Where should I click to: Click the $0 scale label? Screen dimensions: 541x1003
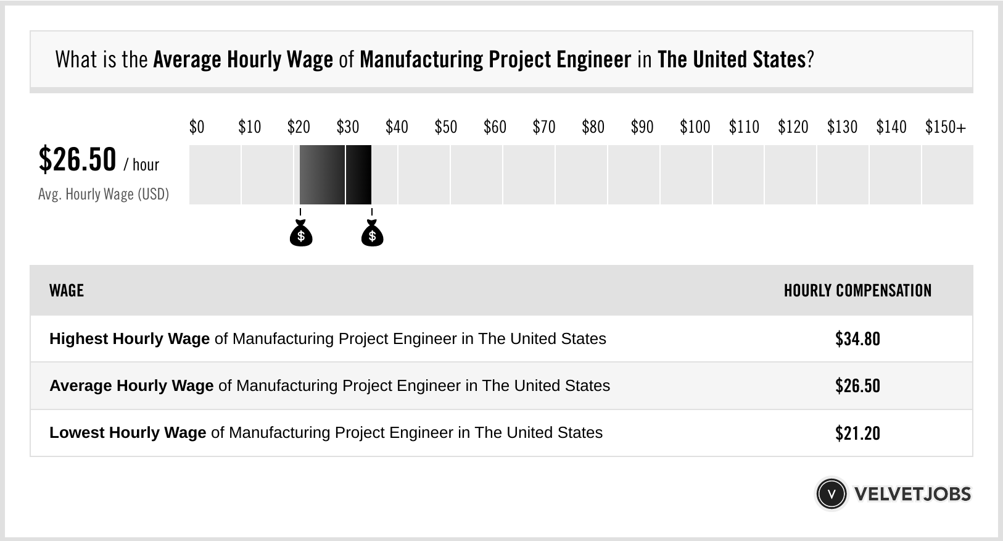point(196,127)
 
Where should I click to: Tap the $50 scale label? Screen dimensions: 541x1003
point(445,127)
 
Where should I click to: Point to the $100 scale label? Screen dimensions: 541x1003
point(695,127)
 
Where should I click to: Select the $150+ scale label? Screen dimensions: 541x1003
point(945,127)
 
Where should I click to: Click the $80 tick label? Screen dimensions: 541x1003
point(593,127)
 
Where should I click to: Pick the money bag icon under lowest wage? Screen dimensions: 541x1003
point(301,234)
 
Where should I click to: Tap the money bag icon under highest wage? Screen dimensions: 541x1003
point(372,234)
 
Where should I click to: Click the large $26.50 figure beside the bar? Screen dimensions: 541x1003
point(77,159)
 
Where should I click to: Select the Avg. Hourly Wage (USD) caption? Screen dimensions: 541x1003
point(104,194)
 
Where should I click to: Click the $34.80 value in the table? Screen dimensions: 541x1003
point(857,339)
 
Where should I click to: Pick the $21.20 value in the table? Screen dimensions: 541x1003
point(857,433)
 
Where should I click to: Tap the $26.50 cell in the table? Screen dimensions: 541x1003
point(857,386)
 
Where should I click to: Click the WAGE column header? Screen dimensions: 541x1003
point(67,291)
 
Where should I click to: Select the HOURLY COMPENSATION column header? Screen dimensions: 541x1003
point(857,291)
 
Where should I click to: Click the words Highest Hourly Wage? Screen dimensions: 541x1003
point(130,339)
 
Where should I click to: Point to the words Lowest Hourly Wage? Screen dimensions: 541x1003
point(128,433)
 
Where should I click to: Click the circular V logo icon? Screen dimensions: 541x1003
point(831,493)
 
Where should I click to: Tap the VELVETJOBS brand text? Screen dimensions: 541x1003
point(912,494)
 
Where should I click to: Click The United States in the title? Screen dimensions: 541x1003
point(732,60)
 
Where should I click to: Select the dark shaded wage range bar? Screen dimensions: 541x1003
point(335,175)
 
